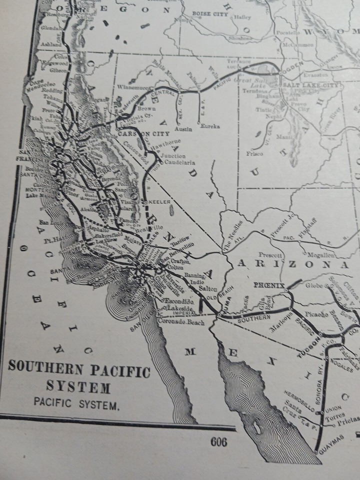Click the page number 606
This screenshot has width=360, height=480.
218,441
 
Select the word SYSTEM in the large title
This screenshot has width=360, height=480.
78,387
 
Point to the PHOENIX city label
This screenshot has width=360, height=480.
269,285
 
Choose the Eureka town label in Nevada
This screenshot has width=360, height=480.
210,126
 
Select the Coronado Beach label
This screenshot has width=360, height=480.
182,322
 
